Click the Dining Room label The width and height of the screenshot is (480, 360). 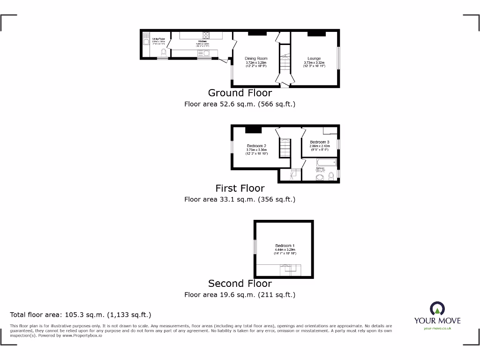pyautogui.click(x=256, y=59)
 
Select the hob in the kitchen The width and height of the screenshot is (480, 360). pyautogui.click(x=205, y=35)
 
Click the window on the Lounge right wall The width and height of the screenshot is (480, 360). pyautogui.click(x=339, y=58)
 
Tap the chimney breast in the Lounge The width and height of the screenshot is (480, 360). pyautogui.click(x=316, y=33)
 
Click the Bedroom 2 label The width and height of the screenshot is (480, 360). pyautogui.click(x=256, y=146)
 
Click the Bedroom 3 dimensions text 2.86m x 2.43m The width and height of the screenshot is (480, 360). pyautogui.click(x=319, y=146)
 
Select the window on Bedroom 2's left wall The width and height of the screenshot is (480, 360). pyautogui.click(x=231, y=147)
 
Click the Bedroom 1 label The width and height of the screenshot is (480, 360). pyautogui.click(x=285, y=246)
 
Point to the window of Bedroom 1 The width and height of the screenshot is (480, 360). pyautogui.click(x=255, y=247)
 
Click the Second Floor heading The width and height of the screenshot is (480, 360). pyautogui.click(x=240, y=284)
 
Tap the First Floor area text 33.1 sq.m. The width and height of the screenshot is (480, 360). pyautogui.click(x=240, y=199)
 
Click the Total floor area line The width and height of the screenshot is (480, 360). pyautogui.click(x=81, y=315)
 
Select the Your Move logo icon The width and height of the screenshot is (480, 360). pyautogui.click(x=437, y=308)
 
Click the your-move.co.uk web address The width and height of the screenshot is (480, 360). pyautogui.click(x=437, y=329)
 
